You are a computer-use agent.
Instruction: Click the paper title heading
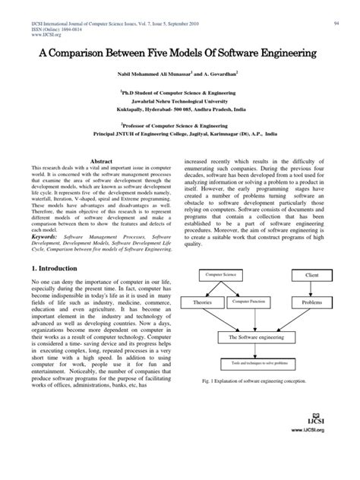[180, 56]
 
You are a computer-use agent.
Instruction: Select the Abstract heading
[102, 163]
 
